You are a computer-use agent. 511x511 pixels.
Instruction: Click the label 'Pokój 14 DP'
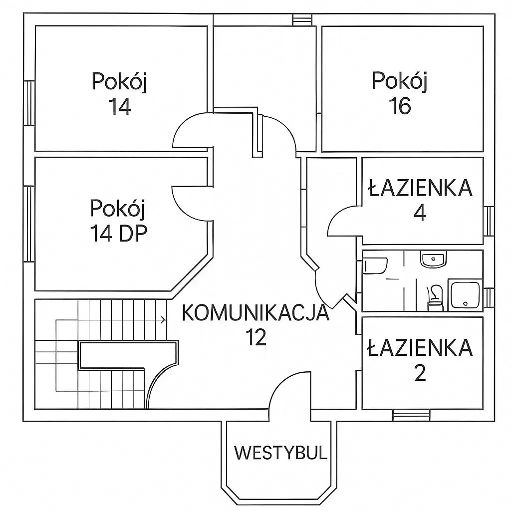pos(118,221)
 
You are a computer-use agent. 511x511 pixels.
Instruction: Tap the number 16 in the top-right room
pos(400,106)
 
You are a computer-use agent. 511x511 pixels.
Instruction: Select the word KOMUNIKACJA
pos(255,312)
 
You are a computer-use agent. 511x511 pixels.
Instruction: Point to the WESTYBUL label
pos(280,453)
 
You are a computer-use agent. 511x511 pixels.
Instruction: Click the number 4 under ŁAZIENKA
pos(420,213)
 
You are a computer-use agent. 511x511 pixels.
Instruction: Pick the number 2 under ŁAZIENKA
pos(420,373)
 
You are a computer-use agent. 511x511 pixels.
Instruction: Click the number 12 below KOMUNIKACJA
pos(256,337)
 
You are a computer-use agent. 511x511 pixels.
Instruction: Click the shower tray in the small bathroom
pos(465,294)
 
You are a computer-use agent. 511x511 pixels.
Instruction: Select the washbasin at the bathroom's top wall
pos(433,259)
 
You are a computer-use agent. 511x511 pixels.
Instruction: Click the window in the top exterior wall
pos(297,19)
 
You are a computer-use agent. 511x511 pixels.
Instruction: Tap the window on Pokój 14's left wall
pos(29,103)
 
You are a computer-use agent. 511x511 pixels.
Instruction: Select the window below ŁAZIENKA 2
pos(412,415)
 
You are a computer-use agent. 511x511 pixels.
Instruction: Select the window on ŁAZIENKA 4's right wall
pos(489,221)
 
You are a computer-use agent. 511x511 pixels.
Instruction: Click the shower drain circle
pos(466,304)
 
